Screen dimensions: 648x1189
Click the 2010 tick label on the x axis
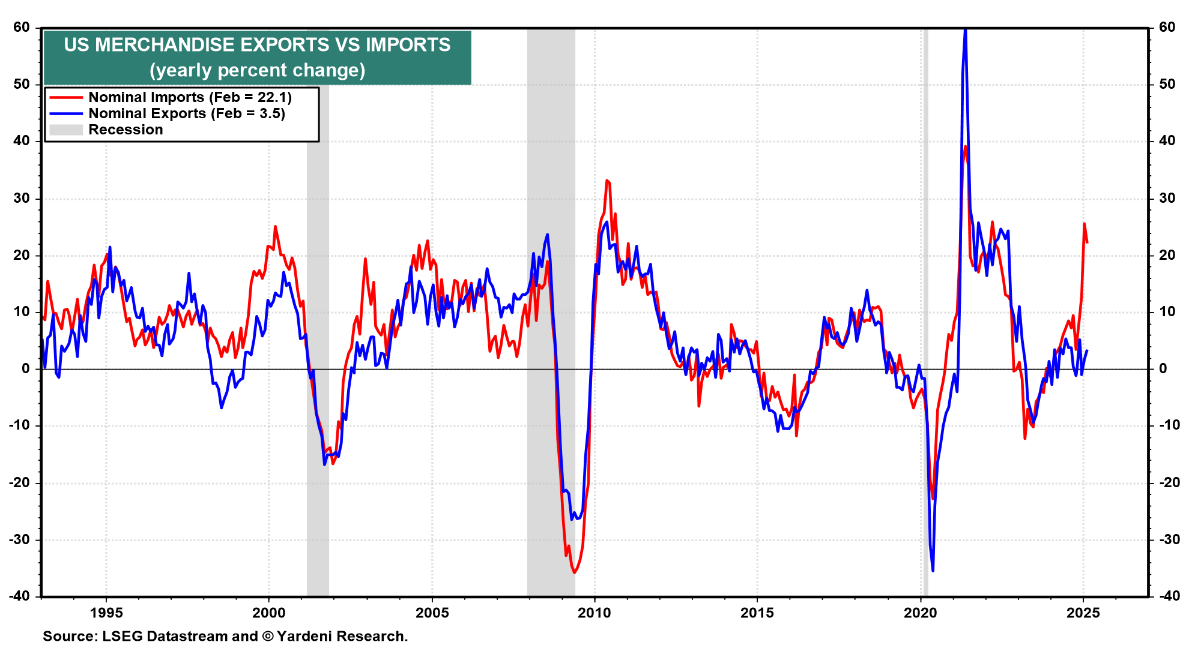click(594, 613)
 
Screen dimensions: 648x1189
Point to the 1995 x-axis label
click(106, 613)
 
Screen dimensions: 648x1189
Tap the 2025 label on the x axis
click(1083, 613)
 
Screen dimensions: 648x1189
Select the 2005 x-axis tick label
click(432, 613)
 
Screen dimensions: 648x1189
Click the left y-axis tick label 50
click(22, 84)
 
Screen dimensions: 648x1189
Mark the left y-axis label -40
click(19, 596)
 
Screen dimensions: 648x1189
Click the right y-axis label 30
click(1167, 198)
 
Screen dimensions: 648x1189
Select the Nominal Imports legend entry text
click(190, 97)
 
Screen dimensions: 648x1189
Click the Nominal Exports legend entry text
click(186, 113)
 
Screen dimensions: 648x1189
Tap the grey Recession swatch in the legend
click(65, 130)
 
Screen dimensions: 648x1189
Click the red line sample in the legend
click(65, 97)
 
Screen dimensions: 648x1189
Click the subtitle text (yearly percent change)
click(257, 70)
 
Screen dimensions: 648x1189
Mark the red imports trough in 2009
click(574, 572)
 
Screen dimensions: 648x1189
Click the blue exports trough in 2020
click(933, 570)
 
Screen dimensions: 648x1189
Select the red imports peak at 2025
click(1084, 224)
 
